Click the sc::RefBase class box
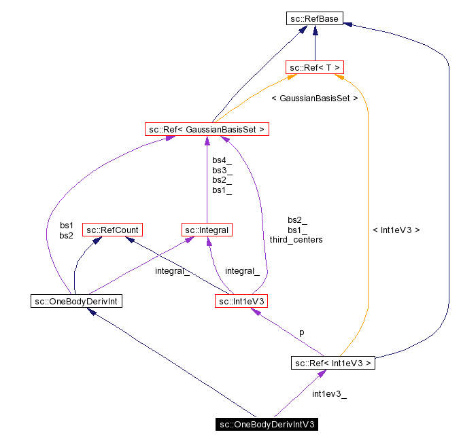(313, 20)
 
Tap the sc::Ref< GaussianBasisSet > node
(206, 128)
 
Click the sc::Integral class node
(207, 230)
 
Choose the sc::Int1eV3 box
(242, 300)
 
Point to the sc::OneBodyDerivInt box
(76, 300)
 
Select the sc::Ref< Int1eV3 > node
(333, 363)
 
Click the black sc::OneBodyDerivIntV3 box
(267, 425)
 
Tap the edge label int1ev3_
(329, 394)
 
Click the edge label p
(302, 333)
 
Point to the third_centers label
(296, 239)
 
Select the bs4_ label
(222, 160)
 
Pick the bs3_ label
(222, 170)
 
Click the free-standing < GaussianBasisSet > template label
(314, 98)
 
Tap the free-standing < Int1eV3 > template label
(396, 230)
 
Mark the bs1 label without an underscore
(67, 225)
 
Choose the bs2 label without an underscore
(67, 235)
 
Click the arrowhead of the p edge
(255, 311)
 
